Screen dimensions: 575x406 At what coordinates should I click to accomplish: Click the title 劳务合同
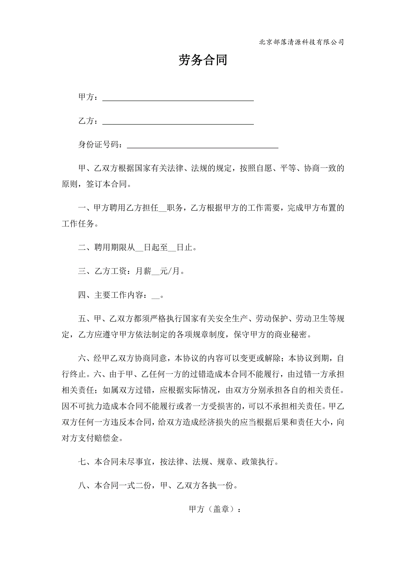point(203,60)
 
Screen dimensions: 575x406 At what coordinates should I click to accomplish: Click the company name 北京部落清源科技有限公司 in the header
point(301,42)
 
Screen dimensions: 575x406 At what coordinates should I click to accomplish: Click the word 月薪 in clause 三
point(143,271)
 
